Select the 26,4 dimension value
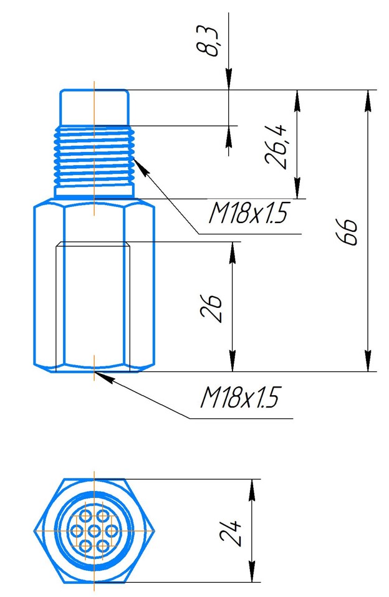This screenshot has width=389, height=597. coord(277,146)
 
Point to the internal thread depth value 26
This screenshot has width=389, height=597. coord(211,308)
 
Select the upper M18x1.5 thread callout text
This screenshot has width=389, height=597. coord(247,213)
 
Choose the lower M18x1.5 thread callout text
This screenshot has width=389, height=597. coord(240,398)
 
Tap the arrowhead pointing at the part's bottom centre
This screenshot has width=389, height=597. coord(104,376)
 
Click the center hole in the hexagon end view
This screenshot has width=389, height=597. coord(94,530)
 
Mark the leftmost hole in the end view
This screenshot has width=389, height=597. coord(77,530)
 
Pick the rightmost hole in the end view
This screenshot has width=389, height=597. coord(111,530)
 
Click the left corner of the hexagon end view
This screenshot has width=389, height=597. coord(35,530)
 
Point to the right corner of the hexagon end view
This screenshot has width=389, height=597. coord(155,530)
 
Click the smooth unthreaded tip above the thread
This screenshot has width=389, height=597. coord(94,108)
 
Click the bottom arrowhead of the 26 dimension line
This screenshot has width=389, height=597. coord(233,360)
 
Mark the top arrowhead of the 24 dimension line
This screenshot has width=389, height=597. coord(251,490)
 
